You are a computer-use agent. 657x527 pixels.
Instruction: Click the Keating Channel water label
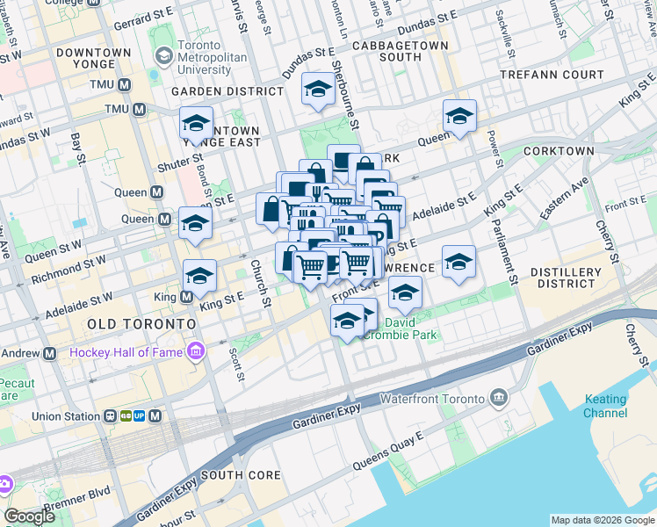[x=606, y=406]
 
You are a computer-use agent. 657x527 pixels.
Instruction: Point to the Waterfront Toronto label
[x=432, y=399]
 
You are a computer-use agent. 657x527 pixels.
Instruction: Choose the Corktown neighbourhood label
[x=559, y=151]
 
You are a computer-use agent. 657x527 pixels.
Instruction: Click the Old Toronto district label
[x=141, y=324]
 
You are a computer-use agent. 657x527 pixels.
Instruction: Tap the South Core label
[x=241, y=475]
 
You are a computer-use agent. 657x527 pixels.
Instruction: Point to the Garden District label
[x=227, y=90]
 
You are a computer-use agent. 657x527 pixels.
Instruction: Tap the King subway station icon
[x=187, y=298]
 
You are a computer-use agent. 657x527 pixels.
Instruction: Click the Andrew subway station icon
[x=50, y=353]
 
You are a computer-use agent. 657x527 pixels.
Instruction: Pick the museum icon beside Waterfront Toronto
[x=499, y=399]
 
